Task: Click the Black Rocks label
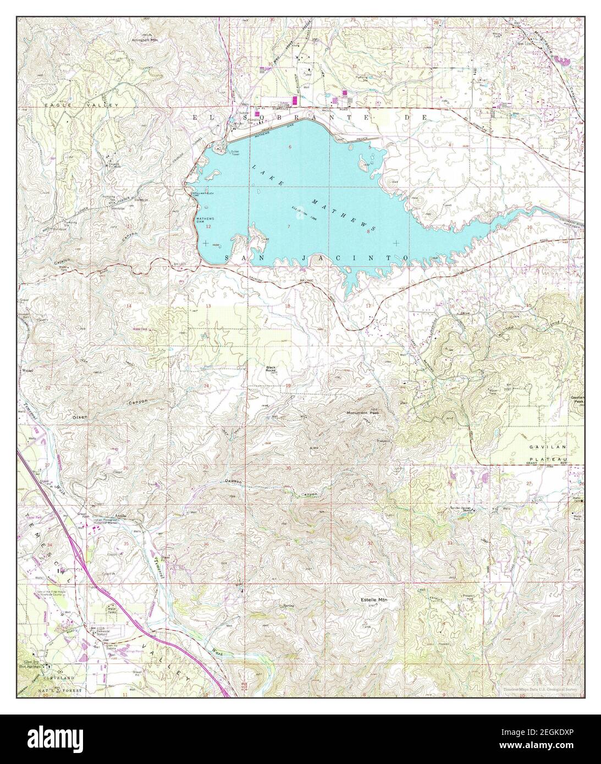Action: click(271, 369)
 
